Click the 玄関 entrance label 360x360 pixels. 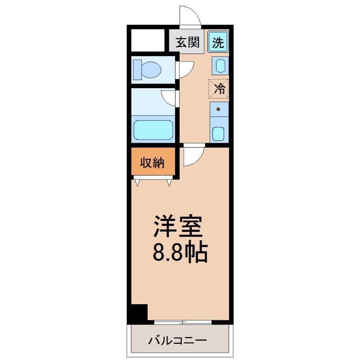coord(187,43)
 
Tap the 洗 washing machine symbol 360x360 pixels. coord(218,43)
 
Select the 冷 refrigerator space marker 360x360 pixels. coord(219,88)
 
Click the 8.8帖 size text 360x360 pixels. coord(180,253)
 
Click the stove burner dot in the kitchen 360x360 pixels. coord(219,109)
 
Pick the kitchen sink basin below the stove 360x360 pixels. coord(218,134)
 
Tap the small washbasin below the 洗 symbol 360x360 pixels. coord(219,66)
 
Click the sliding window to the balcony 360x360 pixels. coord(182,322)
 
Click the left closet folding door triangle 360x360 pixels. coord(137,183)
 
